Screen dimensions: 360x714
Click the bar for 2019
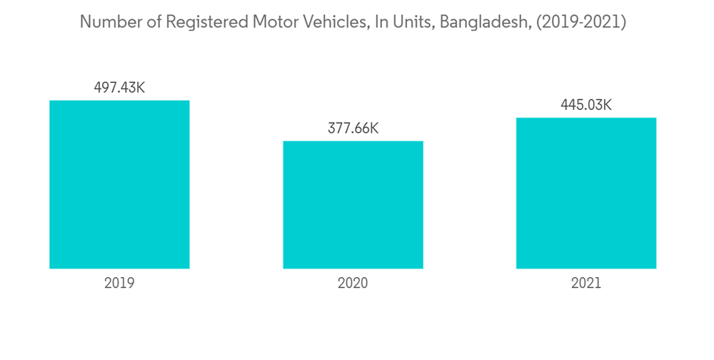[x=119, y=184]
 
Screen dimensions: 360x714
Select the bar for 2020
[x=353, y=204]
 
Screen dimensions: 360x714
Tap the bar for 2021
[x=586, y=193]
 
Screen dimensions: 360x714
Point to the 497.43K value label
[x=119, y=88]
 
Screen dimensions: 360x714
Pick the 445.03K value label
[x=586, y=105]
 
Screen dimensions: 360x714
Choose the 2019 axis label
[x=119, y=283]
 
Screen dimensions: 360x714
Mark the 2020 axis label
[x=353, y=283]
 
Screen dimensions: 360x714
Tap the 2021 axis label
[x=586, y=283]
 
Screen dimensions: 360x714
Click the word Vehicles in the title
[x=335, y=22]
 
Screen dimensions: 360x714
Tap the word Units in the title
[x=410, y=22]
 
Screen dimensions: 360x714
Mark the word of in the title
[x=150, y=22]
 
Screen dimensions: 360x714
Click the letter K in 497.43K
[x=141, y=88]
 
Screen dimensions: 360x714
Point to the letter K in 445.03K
[x=608, y=105]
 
